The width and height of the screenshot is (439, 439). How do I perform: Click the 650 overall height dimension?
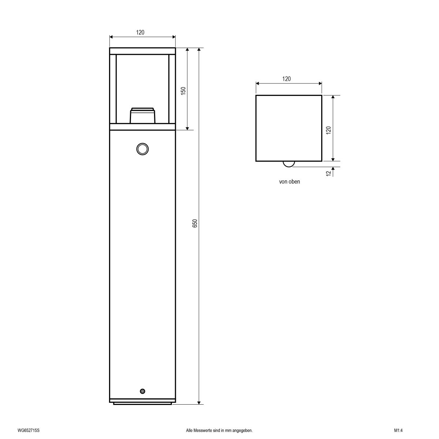pos(195,224)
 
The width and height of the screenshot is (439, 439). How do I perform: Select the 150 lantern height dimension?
pos(184,91)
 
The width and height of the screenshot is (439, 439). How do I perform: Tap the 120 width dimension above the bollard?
pos(140,32)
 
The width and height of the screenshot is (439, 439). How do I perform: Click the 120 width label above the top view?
pos(286,79)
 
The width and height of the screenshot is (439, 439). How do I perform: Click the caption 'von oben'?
pos(289,182)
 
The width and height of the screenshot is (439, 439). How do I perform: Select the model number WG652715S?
pos(28,431)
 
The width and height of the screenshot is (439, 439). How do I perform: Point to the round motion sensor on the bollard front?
pos(142,149)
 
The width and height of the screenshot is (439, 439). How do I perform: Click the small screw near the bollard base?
pos(142,391)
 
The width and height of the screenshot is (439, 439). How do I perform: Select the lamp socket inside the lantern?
pos(143,116)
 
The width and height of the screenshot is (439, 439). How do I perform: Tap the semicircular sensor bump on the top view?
pos(289,164)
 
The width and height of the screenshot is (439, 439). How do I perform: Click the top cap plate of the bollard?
pos(142,51)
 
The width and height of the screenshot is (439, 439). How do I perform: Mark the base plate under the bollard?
pos(142,404)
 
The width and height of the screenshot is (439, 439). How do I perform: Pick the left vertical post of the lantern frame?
pos(113,89)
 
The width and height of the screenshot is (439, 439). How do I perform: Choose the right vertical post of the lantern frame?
pos(172,89)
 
